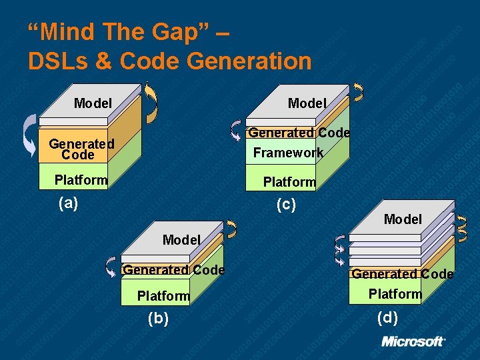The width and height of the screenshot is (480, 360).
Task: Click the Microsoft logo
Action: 413,341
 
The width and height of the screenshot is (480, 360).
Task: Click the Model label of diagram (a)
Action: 93,103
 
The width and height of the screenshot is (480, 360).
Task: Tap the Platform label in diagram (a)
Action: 81,180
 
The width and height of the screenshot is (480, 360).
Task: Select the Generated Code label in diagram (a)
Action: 81,149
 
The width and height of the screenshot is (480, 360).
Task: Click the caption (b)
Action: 158,319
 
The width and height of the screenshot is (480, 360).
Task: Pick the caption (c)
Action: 285,205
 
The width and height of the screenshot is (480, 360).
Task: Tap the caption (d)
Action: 387,317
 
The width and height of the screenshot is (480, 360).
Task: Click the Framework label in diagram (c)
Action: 288,153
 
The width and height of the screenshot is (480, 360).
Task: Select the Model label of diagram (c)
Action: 307,103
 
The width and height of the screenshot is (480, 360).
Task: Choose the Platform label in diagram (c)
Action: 289,182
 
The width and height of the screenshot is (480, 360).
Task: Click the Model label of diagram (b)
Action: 181,240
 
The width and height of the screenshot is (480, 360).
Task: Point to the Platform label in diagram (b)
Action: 163,296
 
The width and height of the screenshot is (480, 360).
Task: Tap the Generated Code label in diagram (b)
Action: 174,270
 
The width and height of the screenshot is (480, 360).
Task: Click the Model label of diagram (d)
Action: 403,219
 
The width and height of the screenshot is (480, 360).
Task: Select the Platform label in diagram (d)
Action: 395,294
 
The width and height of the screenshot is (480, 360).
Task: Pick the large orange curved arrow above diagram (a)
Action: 152,102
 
